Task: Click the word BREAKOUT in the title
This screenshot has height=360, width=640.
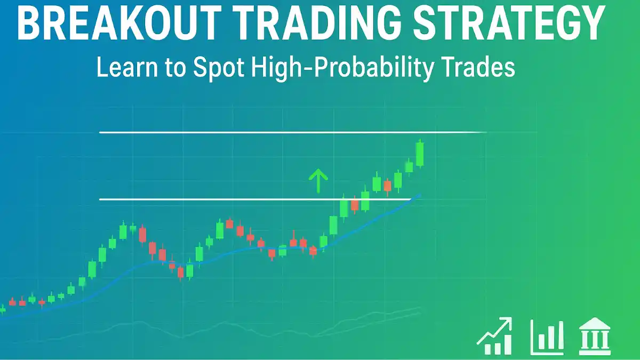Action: tap(119, 22)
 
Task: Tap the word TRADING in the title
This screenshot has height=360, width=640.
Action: tap(319, 22)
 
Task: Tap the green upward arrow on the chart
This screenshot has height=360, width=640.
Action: tap(318, 181)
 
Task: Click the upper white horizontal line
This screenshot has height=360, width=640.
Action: tap(293, 133)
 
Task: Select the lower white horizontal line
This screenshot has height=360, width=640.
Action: tap(255, 199)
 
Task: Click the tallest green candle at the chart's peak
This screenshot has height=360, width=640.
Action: tap(420, 154)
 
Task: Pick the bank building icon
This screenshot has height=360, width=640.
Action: tap(595, 336)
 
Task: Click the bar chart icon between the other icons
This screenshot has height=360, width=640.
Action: tap(547, 338)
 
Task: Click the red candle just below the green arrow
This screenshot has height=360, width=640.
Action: tap(313, 251)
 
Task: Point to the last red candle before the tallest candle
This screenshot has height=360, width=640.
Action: tap(387, 186)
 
